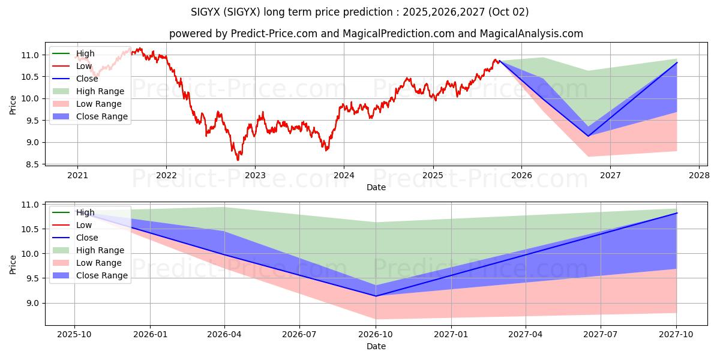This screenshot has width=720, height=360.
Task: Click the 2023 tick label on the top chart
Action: [x=255, y=176]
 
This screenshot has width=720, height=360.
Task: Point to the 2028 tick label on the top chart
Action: [x=699, y=176]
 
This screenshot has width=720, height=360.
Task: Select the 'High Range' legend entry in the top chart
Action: [x=100, y=91]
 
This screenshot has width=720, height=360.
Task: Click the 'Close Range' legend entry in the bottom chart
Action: [x=101, y=275]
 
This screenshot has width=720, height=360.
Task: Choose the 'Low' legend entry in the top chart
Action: [x=84, y=66]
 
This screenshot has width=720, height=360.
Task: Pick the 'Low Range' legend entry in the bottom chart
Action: [x=98, y=263]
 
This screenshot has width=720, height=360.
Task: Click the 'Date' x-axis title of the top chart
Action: [x=376, y=187]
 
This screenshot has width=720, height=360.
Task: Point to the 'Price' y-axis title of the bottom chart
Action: [x=13, y=263]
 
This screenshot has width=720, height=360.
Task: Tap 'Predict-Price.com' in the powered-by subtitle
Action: [x=275, y=34]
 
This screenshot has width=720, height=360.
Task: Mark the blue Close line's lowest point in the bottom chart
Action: [x=376, y=296]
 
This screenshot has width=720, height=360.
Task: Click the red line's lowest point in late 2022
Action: [x=238, y=160]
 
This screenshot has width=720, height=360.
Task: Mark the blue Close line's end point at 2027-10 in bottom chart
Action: [x=677, y=213]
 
